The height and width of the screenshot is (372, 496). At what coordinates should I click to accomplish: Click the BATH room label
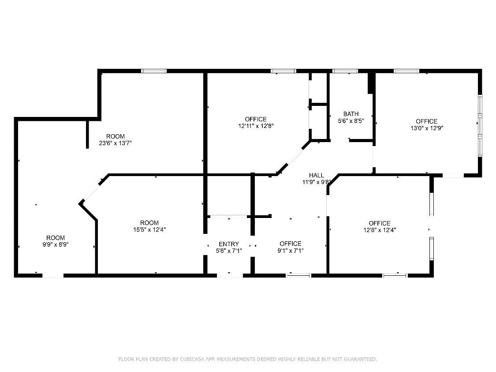[x=351, y=114]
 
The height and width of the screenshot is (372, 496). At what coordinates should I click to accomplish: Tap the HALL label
[x=316, y=175]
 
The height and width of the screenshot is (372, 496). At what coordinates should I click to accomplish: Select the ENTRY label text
[x=229, y=244]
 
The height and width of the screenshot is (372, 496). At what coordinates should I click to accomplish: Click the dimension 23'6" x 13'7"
[x=115, y=143]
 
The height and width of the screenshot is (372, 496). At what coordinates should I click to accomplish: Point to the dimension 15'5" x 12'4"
[x=149, y=229]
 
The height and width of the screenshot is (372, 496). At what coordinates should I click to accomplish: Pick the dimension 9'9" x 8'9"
[x=56, y=245]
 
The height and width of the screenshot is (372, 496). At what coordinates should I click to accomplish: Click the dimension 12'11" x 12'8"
[x=256, y=126]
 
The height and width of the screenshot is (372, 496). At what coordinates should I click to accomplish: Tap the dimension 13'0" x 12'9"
[x=426, y=128]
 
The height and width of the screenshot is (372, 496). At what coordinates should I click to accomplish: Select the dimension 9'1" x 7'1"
[x=291, y=251]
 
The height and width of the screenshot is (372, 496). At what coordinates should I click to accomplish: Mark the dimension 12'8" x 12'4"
[x=380, y=230]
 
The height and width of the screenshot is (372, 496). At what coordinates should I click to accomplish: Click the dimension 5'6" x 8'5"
[x=351, y=120]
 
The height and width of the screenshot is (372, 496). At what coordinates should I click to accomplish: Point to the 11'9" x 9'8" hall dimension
[x=316, y=182]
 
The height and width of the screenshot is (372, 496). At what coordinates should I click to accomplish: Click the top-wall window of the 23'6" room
[x=154, y=71]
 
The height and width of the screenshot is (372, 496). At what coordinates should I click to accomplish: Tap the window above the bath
[x=345, y=71]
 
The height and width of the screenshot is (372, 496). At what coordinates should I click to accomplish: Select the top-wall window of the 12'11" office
[x=283, y=71]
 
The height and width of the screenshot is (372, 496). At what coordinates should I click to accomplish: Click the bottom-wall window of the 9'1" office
[x=298, y=275]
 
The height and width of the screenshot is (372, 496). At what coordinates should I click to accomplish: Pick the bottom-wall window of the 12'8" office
[x=395, y=275]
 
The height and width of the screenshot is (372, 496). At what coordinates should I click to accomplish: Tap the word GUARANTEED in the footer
[x=360, y=359]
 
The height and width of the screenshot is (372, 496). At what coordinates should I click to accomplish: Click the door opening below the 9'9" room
[x=53, y=275]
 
